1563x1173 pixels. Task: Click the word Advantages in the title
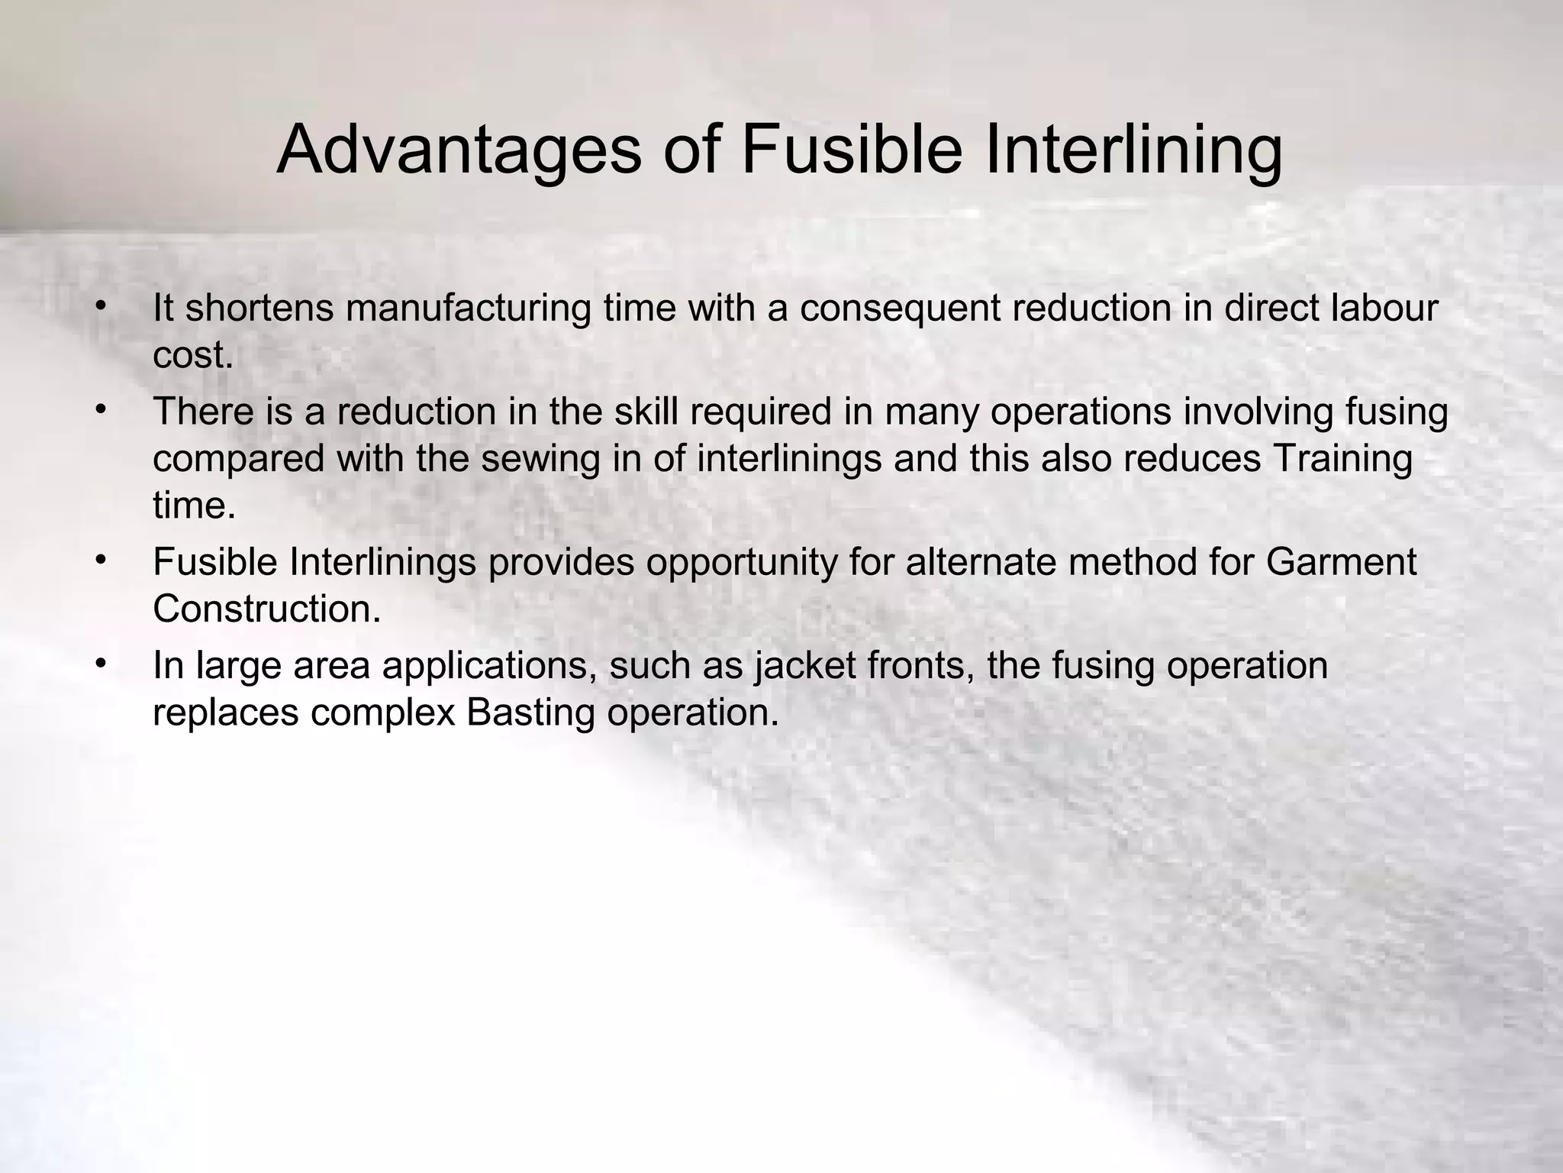pyautogui.click(x=459, y=150)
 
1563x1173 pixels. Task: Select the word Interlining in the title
pyautogui.click(x=1133, y=150)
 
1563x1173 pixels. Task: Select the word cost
pyautogui.click(x=193, y=355)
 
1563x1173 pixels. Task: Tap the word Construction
pyautogui.click(x=266, y=609)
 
